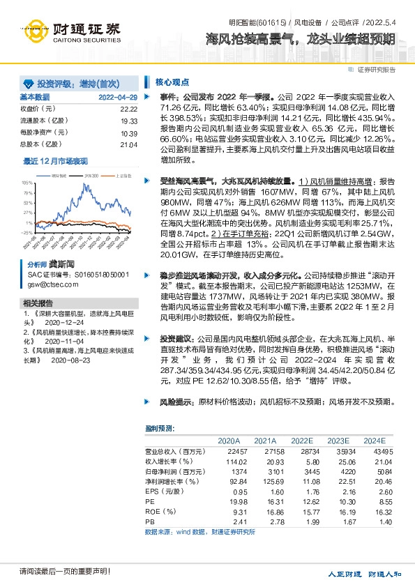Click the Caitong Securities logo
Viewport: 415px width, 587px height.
(x=70, y=32)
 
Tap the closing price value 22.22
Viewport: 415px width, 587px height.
(x=128, y=109)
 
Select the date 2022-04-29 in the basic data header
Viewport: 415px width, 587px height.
(x=118, y=97)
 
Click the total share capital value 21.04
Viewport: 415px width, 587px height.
(x=129, y=144)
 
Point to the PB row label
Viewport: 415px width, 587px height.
(x=150, y=521)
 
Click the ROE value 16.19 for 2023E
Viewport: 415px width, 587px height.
(x=339, y=511)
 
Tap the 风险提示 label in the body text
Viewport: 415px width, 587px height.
(x=174, y=403)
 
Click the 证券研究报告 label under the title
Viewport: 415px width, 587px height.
(x=377, y=70)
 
